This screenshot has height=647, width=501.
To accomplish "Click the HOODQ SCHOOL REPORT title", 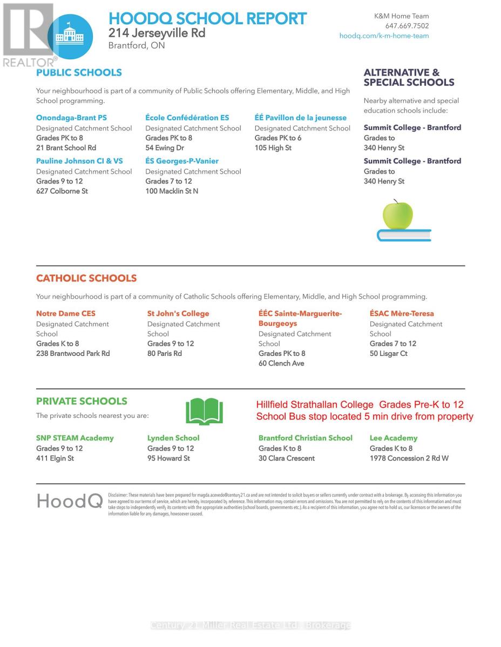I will pyautogui.click(x=207, y=19).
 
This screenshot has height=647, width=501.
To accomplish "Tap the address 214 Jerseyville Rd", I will pyautogui.click(x=157, y=33).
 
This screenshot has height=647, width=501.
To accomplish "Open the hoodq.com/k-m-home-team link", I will pyautogui.click(x=384, y=36).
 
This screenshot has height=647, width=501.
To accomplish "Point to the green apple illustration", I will pyautogui.click(x=398, y=215).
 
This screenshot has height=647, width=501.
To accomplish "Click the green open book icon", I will pyautogui.click(x=204, y=412).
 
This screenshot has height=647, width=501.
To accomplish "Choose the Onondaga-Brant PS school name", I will pyautogui.click(x=71, y=118).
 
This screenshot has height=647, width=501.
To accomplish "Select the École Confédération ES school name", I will pyautogui.click(x=187, y=118).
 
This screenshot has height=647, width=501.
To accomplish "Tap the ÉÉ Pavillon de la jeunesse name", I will pyautogui.click(x=300, y=118).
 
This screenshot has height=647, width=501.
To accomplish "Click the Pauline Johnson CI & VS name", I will pyautogui.click(x=79, y=161).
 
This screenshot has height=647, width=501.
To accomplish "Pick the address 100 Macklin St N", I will pyautogui.click(x=172, y=191).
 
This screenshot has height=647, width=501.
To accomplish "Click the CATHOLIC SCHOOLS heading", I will pyautogui.click(x=86, y=279).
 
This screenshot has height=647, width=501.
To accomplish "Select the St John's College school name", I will pyautogui.click(x=178, y=314).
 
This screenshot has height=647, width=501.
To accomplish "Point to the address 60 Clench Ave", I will pyautogui.click(x=281, y=364).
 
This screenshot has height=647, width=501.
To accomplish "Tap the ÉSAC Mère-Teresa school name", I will pyautogui.click(x=402, y=314).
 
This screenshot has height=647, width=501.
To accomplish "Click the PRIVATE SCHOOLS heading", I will pyautogui.click(x=82, y=402).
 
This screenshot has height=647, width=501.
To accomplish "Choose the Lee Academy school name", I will pyautogui.click(x=394, y=438).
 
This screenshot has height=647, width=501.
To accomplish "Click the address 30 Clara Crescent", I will pyautogui.click(x=286, y=459).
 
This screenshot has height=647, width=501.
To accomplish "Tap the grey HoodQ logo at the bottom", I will pyautogui.click(x=70, y=501).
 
